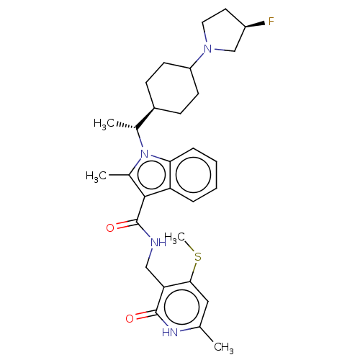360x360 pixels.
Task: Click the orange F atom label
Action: [271, 22]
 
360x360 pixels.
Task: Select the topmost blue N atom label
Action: [209, 48]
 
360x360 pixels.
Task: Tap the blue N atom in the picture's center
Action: [145, 154]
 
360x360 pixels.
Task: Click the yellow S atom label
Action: [197, 256]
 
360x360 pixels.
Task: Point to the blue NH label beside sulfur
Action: [158, 243]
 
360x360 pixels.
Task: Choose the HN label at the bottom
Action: [170, 332]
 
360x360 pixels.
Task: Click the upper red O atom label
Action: [110, 228]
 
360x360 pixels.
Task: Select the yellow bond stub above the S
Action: [192, 249]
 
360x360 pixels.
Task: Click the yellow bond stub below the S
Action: [196, 265]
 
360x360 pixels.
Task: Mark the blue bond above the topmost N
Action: [207, 38]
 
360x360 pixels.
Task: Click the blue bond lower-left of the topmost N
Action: [200, 55]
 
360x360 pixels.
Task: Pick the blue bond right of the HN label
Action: [184, 330]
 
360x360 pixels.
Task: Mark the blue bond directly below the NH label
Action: [153, 253]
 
